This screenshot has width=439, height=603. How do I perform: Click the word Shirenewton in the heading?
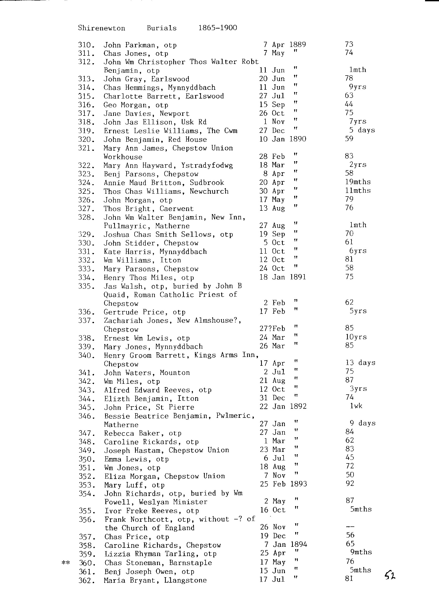point(101,28)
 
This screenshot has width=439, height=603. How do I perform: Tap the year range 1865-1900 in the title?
point(217,28)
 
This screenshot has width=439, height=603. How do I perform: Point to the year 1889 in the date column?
point(298,44)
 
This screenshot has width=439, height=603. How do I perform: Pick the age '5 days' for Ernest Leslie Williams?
point(362,130)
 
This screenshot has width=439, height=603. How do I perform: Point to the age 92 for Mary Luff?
point(350,483)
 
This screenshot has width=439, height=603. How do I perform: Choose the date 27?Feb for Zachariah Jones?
point(272,329)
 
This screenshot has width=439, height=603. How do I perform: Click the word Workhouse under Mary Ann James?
point(123,157)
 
